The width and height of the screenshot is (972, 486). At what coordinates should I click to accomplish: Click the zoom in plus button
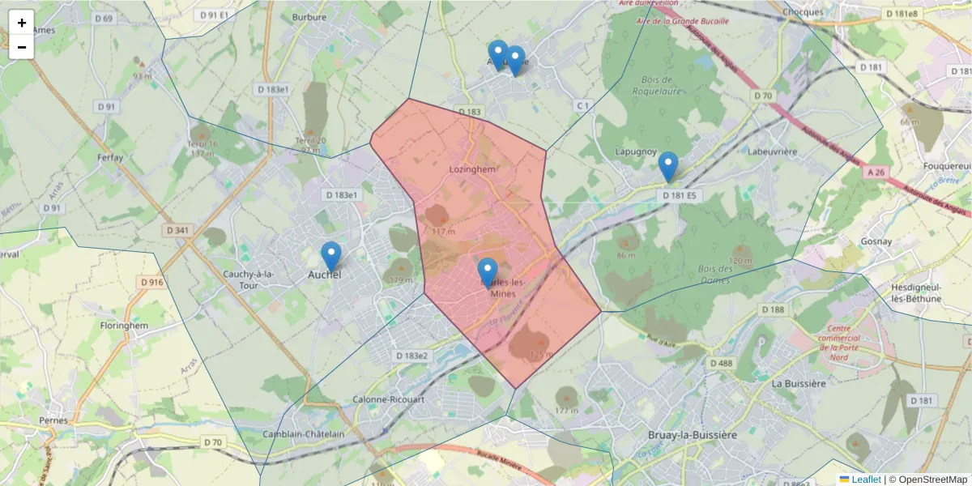pos(22,23)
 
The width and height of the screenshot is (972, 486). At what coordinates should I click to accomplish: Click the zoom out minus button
pos(22,47)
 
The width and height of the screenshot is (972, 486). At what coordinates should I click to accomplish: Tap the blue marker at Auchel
pos(330,257)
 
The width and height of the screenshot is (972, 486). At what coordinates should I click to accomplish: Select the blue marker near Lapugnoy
pos(667,166)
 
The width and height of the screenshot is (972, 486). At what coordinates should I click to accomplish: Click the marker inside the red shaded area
pos(487,273)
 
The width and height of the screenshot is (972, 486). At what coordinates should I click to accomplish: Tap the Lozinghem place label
pos(471,169)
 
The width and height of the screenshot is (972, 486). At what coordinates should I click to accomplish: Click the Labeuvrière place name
pos(773,151)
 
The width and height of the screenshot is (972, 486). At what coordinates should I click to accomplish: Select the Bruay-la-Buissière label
pos(693,435)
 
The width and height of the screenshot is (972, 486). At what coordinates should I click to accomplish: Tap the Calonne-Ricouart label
pos(389,399)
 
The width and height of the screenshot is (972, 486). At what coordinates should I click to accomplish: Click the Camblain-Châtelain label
pos(304,434)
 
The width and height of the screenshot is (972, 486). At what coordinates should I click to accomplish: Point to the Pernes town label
pos(53,420)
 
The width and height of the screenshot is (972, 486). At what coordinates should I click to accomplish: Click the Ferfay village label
pos(109,156)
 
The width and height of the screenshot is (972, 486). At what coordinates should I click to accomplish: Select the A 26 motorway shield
pos(875,173)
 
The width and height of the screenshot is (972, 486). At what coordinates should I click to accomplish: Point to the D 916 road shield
pos(151,283)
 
